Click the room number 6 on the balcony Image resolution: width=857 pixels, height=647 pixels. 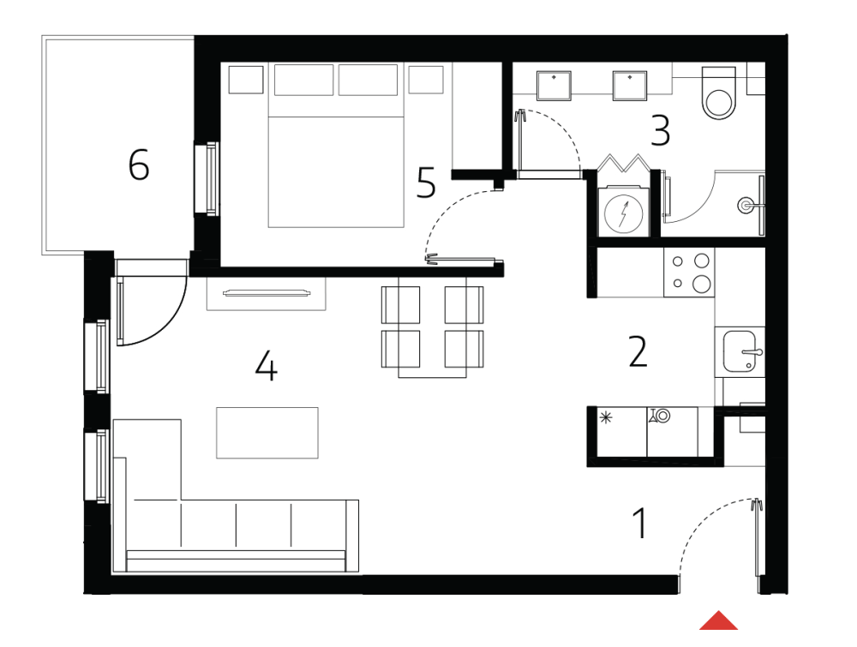click(138, 165)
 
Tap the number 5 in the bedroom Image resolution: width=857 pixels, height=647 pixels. click(426, 183)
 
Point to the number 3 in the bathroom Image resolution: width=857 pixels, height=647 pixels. click(660, 131)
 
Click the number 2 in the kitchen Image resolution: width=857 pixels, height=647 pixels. click(638, 351)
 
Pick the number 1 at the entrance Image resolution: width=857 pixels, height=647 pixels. click(639, 523)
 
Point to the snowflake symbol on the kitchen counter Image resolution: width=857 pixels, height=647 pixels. click(607, 417)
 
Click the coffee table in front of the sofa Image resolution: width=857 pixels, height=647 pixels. click(267, 433)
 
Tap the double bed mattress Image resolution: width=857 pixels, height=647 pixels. click(336, 171)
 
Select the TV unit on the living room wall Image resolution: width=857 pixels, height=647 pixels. click(266, 293)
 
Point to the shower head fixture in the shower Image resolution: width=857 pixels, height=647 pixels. click(747, 205)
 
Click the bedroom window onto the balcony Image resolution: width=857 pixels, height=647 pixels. click(207, 177)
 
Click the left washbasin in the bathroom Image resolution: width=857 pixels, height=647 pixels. click(554, 85)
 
